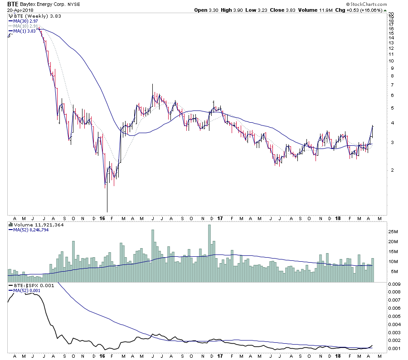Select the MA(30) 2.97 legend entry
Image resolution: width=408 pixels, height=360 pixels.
click(24, 21)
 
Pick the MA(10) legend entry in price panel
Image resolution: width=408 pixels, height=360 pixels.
click(24, 26)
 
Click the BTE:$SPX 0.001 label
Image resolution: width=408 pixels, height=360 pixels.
click(29, 285)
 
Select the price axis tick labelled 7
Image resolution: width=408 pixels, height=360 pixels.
click(391, 85)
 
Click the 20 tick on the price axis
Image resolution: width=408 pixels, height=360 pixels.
click(392, 14)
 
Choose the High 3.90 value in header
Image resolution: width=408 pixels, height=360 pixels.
click(231, 10)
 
